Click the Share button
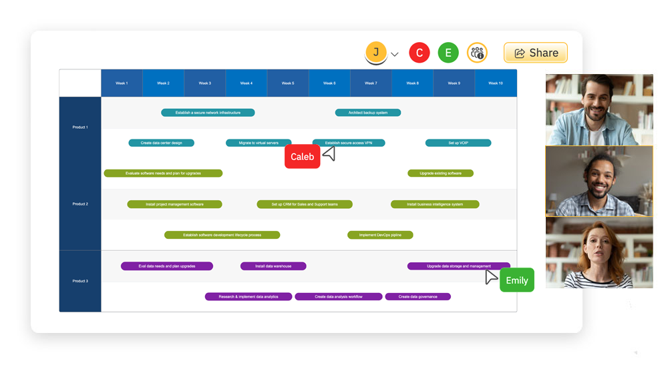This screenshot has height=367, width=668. click(x=535, y=53)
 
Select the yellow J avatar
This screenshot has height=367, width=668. click(x=376, y=53)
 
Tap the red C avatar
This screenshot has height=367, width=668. click(x=419, y=53)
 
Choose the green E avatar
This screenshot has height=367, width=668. click(x=448, y=53)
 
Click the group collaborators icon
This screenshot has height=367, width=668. click(x=477, y=53)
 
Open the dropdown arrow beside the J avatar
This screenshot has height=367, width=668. click(x=395, y=54)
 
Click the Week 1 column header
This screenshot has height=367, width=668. click(x=122, y=83)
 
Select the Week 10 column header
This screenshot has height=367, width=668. click(x=495, y=83)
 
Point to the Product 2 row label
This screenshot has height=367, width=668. click(x=80, y=204)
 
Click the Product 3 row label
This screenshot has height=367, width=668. click(x=80, y=281)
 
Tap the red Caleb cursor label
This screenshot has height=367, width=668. click(x=302, y=157)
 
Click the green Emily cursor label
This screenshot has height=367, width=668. click(x=516, y=280)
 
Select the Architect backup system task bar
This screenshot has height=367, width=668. click(x=367, y=113)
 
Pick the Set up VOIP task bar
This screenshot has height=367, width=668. click(x=458, y=143)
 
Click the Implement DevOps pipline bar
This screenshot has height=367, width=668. click(x=380, y=235)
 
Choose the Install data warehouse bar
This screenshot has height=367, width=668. click(x=273, y=266)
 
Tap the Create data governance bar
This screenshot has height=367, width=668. click(x=417, y=297)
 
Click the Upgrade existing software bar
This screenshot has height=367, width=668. click(x=440, y=173)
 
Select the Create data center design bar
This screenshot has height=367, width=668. click(x=161, y=143)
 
